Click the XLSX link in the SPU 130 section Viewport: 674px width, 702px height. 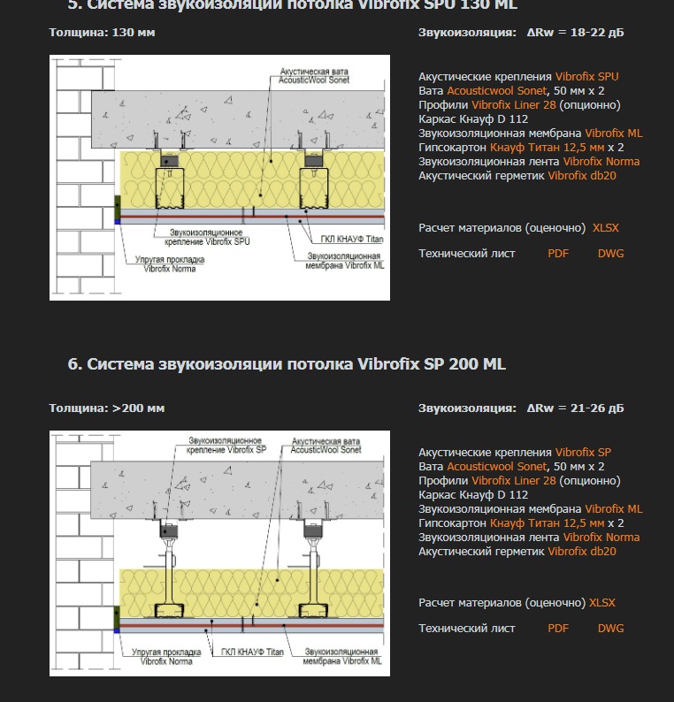click(x=606, y=228)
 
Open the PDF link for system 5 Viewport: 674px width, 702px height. click(x=558, y=254)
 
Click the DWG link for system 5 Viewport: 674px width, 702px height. click(x=610, y=254)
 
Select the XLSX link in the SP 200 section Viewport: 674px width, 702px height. click(x=602, y=603)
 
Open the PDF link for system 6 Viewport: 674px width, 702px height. click(x=558, y=629)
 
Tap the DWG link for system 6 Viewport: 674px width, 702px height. click(x=610, y=629)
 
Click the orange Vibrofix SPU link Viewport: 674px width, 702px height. click(x=586, y=77)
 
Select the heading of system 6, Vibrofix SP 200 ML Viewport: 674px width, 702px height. click(x=287, y=364)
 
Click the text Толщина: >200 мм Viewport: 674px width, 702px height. click(x=106, y=408)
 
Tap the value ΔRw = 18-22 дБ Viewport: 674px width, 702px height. click(x=575, y=33)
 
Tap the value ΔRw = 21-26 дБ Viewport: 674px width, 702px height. click(x=575, y=408)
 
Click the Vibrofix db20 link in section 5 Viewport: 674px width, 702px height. click(x=582, y=176)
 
